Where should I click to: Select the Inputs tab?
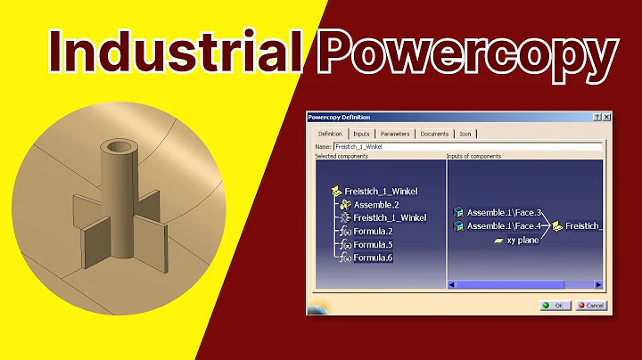pos(361,134)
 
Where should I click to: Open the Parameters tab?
pos(394,134)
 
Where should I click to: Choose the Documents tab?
pos(434,134)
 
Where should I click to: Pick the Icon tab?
pos(465,134)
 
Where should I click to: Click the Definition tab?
pos(329,134)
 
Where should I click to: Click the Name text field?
pos(464,145)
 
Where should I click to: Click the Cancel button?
pos(591,305)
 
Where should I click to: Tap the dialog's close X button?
pos(606,118)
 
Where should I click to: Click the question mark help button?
pos(596,118)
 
